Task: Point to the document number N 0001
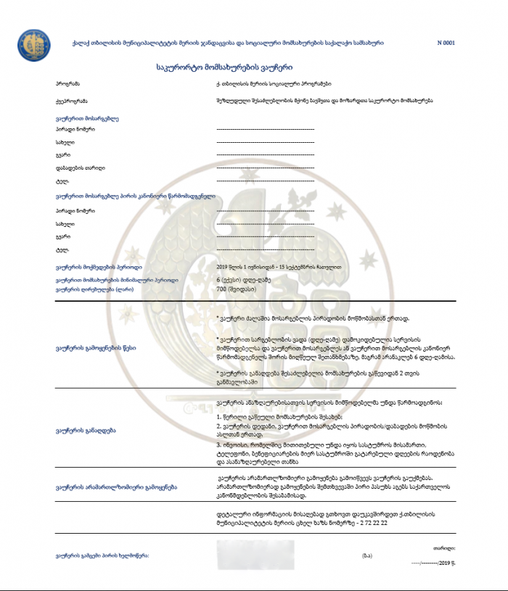click(446, 43)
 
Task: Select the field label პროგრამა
click(67, 85)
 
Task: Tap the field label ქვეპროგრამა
click(72, 100)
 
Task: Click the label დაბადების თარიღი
click(80, 168)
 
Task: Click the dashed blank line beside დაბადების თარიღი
click(265, 168)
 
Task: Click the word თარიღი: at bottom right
click(444, 548)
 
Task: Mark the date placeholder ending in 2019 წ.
click(434, 562)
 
